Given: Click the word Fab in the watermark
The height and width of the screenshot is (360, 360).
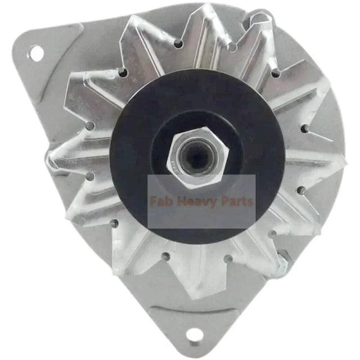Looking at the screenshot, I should (x=163, y=201).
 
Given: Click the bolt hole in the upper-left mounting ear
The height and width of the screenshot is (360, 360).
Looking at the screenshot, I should (x=36, y=53).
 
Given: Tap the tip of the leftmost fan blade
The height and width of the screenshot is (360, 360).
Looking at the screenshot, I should (x=53, y=163).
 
